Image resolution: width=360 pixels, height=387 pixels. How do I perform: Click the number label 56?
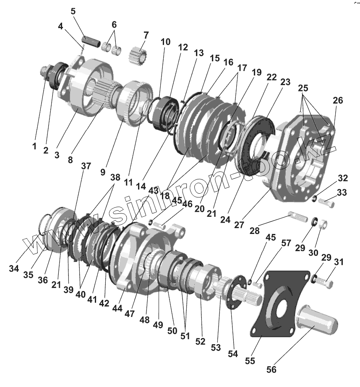[x=271, y=369]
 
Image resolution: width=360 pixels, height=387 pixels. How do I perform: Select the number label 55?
[x=250, y=361]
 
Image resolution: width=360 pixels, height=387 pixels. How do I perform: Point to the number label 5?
[x=73, y=11]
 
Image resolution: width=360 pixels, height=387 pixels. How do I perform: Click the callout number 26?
[x=338, y=100]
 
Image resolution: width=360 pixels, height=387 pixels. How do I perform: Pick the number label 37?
[x=86, y=166]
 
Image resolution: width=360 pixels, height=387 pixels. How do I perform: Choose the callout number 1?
[x=34, y=146]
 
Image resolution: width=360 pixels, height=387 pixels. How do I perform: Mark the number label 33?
[x=342, y=193]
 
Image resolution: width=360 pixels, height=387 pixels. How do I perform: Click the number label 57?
[x=286, y=243]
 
